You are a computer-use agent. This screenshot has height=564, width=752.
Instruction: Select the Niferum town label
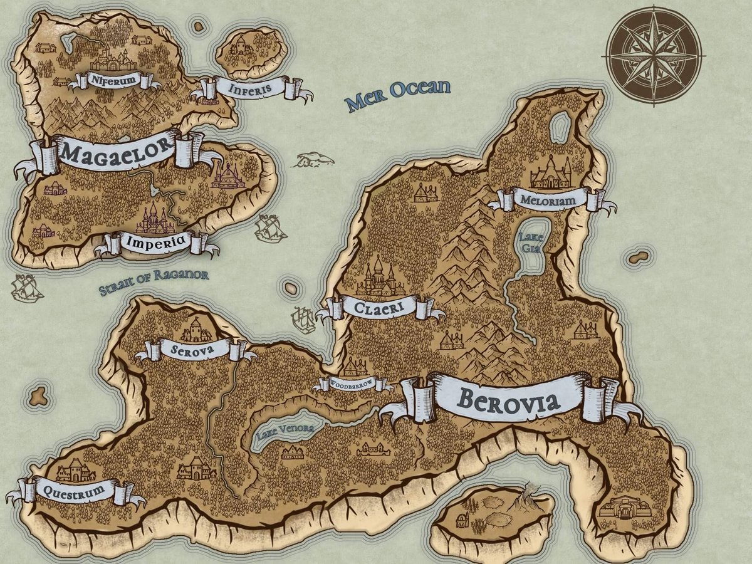[x=113, y=80]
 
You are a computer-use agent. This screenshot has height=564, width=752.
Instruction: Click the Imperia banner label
[x=155, y=241]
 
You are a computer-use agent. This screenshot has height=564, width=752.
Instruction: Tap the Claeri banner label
[x=379, y=308]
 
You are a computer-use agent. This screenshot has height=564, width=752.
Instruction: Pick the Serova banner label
[x=195, y=349]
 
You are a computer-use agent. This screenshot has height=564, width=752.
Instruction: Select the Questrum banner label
[x=75, y=491]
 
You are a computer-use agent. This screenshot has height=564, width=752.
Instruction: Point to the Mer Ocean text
[x=398, y=94]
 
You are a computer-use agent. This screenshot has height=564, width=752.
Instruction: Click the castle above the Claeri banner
[x=380, y=277]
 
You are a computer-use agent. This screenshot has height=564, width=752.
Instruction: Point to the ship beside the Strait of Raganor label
[x=26, y=290]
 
